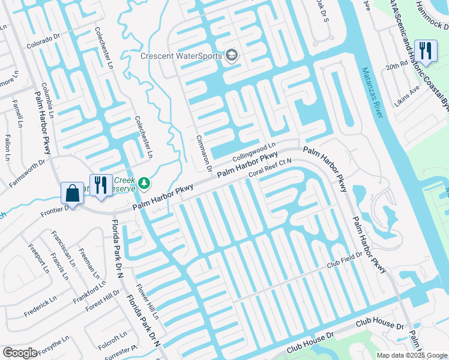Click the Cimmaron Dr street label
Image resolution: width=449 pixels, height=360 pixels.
(205, 153)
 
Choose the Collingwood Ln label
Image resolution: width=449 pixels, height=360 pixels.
(253, 149)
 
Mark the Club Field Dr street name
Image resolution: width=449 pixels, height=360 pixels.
(345, 259)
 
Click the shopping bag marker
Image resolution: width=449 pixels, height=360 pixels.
(72, 194)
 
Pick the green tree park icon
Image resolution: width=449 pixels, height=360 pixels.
(143, 182)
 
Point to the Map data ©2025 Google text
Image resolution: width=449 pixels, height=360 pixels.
(411, 355)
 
